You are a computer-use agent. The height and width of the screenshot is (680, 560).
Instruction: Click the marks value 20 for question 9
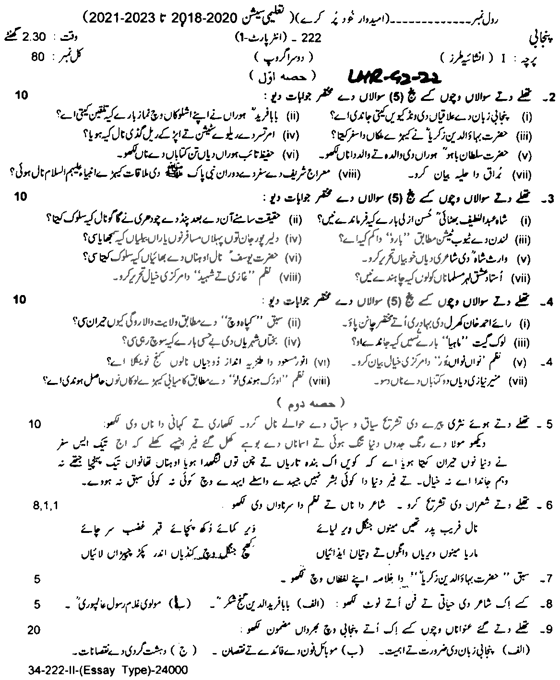point(35,630)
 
